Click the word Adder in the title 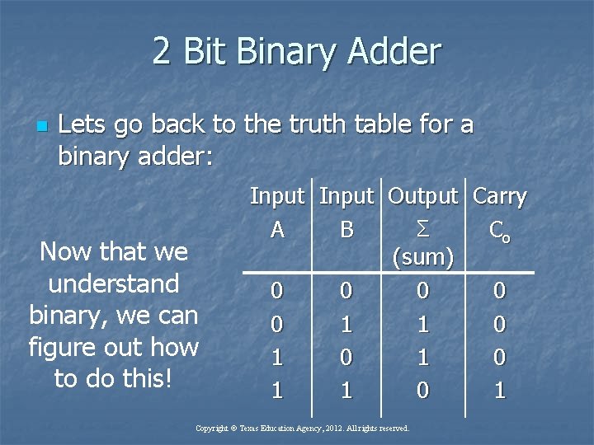point(394,52)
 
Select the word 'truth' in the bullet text point(312,124)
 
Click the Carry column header point(499,197)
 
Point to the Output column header point(422,197)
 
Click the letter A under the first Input point(277,230)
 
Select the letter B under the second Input point(346,230)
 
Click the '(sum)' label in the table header point(422,258)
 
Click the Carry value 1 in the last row point(499,390)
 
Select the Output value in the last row point(422,390)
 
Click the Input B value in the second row point(346,325)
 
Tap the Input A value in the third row point(277,357)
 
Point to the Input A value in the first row point(277,292)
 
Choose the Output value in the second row point(422,325)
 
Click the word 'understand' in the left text point(114,283)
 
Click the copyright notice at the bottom point(302,429)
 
